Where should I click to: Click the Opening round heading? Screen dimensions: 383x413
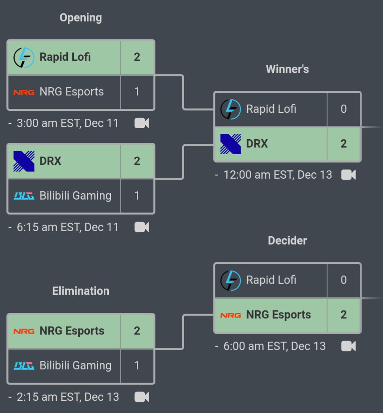80,18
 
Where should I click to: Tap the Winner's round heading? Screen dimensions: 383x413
287,69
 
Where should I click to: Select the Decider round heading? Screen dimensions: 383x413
287,241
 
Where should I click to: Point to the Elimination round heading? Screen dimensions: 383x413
80,291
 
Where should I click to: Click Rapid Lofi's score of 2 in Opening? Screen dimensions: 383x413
137,57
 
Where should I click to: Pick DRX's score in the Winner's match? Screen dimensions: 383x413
344,144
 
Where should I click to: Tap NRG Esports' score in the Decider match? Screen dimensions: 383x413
344,315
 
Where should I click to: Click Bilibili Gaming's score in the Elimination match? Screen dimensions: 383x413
137,365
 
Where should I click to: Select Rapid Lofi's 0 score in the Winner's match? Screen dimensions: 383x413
344,109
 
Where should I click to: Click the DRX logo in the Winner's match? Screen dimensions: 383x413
230,144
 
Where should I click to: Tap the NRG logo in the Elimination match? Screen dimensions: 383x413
24,331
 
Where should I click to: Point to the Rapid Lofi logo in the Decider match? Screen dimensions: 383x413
230,280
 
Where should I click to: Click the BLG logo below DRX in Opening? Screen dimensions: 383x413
24,196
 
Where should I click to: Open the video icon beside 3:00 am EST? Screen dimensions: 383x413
142,123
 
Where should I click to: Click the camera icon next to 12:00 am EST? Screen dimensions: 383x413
348,175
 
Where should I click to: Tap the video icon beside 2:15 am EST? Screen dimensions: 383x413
142,397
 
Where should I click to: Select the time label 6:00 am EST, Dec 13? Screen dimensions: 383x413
275,346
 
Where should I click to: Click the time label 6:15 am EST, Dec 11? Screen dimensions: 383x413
67,227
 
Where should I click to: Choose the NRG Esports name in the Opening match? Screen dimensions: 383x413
71,92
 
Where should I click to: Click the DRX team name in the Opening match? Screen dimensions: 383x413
50,161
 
